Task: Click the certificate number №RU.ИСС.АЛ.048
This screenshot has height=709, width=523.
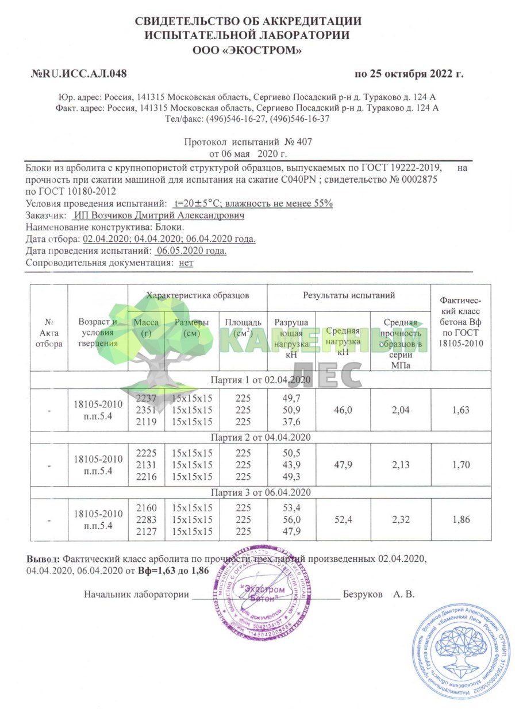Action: pos(78,74)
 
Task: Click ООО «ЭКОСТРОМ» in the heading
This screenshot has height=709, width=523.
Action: pos(248,51)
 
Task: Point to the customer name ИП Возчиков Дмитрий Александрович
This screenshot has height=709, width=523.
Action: pos(159,216)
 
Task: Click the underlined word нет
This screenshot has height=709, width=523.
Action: pos(186,263)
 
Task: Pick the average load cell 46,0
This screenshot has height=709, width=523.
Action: pos(342,409)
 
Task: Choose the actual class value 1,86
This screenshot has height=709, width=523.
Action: pos(461,520)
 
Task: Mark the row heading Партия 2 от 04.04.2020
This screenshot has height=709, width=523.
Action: pos(261,437)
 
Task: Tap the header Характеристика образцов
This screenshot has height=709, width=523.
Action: pos(198,295)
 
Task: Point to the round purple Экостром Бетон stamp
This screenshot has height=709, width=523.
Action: pos(260,594)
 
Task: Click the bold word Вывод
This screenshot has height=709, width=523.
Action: pos(43,558)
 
